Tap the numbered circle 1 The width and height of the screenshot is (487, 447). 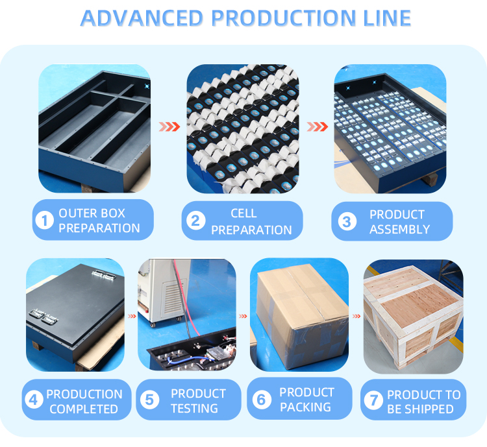tap(44, 221)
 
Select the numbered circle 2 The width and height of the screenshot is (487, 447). tap(195, 221)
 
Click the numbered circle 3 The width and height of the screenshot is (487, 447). tap(346, 222)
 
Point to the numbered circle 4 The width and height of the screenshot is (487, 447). tap(34, 401)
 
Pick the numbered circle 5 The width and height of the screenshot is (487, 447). tap(150, 400)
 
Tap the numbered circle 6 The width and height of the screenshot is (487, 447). tap(262, 400)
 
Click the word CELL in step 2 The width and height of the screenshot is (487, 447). tap(243, 213)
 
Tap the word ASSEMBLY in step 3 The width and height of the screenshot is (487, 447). tap(399, 229)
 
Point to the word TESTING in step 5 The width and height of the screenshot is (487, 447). tap(195, 408)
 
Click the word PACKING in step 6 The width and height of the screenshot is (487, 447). tap(305, 407)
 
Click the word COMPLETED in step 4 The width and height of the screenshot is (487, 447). tap(84, 409)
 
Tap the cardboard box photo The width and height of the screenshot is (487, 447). tap(299, 315)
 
